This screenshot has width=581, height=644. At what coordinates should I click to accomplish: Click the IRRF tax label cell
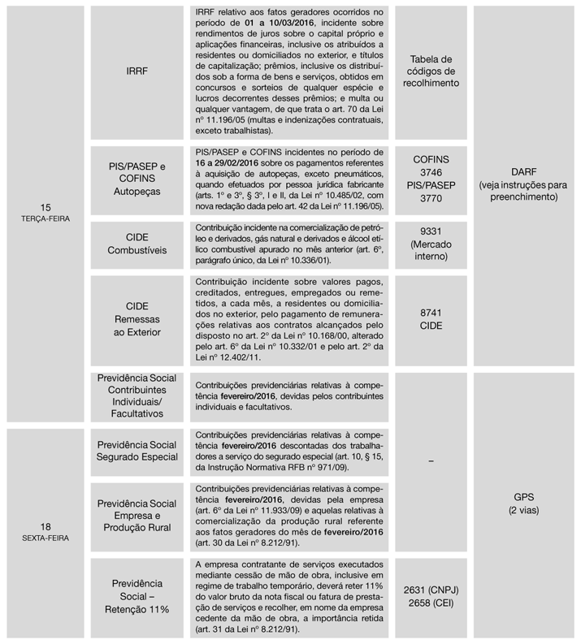[137, 71]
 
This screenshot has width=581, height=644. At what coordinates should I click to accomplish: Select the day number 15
[46, 207]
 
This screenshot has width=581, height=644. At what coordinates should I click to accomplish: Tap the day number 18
[46, 525]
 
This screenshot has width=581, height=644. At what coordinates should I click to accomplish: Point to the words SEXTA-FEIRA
[46, 537]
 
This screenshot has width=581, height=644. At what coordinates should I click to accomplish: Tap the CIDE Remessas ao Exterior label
[137, 321]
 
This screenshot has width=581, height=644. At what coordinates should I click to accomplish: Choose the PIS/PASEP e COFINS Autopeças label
[137, 179]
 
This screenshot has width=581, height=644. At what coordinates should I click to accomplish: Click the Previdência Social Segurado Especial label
[137, 452]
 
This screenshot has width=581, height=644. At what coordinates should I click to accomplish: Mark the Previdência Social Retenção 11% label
[137, 596]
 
